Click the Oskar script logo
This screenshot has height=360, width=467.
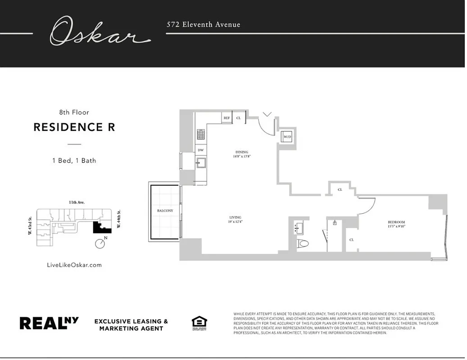pyautogui.click(x=99, y=31)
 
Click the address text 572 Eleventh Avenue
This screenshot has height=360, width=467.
pyautogui.click(x=203, y=25)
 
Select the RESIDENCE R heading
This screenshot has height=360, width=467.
pyautogui.click(x=74, y=127)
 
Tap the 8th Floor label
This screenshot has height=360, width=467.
pyautogui.click(x=74, y=112)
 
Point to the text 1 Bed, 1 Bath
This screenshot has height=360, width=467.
pyautogui.click(x=74, y=160)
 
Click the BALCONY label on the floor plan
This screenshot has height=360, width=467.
pyautogui.click(x=165, y=211)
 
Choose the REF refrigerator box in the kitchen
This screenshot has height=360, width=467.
pyautogui.click(x=227, y=118)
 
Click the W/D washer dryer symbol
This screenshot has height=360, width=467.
pyautogui.click(x=287, y=137)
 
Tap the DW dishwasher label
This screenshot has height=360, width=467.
pyautogui.click(x=200, y=150)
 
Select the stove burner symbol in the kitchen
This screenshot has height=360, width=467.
pyautogui.click(x=201, y=134)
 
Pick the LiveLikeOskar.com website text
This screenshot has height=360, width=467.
pyautogui.click(x=74, y=265)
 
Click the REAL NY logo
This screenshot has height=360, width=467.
pyautogui.click(x=49, y=323)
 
